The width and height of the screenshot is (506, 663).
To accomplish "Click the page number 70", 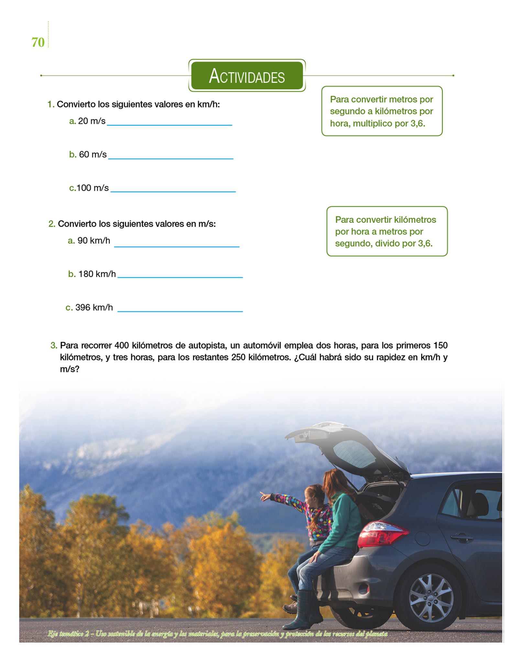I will click(38, 42).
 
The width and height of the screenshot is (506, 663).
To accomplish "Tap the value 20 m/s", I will click(92, 121).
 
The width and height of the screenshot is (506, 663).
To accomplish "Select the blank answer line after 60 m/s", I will click(170, 158).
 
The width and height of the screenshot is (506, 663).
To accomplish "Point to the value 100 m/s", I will click(93, 188).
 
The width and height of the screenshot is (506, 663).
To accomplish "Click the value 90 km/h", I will click(94, 241).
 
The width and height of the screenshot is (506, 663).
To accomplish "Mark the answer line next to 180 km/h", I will click(180, 277).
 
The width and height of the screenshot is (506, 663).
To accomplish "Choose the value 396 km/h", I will click(94, 307).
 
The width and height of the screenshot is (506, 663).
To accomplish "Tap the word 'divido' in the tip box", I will click(387, 243).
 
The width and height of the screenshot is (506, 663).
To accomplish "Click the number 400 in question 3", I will click(122, 345).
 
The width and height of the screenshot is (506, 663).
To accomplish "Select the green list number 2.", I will click(51, 224).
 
